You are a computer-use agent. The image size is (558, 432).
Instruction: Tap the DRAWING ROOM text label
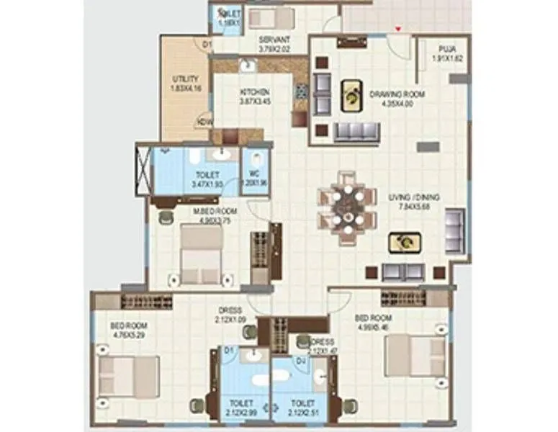(x=397, y=94)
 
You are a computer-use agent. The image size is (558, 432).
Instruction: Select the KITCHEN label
(x=255, y=92)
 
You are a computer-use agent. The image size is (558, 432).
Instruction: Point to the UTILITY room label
(x=180, y=78)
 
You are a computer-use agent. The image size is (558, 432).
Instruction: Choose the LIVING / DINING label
(x=414, y=197)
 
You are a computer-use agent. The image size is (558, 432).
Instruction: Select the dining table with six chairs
(x=348, y=207)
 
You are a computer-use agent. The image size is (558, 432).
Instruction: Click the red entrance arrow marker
(x=397, y=30)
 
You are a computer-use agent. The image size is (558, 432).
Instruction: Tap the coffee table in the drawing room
(x=351, y=96)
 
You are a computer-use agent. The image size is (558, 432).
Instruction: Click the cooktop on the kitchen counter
(x=301, y=92)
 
